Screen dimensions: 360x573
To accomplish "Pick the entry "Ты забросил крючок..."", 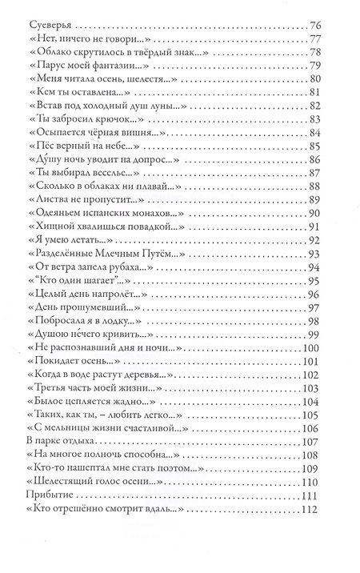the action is [96, 120].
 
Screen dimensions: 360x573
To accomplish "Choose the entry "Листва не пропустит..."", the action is [98, 199].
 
